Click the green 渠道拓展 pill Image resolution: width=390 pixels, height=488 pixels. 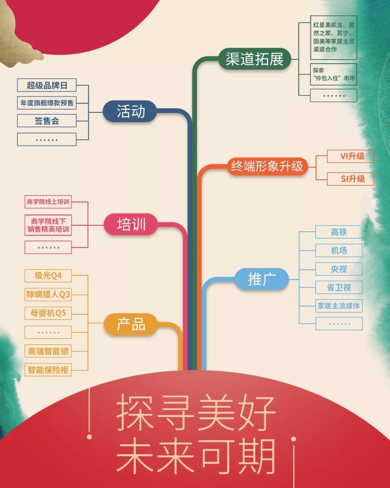coord(255,59)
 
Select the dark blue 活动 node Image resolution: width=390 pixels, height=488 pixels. coord(130,111)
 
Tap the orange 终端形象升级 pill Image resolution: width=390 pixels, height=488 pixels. coord(268,167)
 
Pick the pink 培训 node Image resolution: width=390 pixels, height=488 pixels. coord(131,224)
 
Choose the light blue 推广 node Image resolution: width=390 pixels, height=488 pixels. coord(261,279)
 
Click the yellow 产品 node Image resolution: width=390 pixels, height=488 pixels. coord(131,324)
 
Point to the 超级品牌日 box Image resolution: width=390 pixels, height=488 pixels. coord(47,85)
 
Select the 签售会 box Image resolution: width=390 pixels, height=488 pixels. coord(47,121)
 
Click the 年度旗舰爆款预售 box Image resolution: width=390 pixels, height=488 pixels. coord(47,103)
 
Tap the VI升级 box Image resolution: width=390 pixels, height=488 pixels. coord(350,156)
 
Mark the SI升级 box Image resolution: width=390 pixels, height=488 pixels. coord(350,179)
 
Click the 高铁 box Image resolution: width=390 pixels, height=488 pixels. coord(339,232)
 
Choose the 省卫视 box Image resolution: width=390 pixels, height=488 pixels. coord(339,287)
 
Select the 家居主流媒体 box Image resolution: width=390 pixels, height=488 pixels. coord(339,306)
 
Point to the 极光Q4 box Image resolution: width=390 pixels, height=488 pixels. coord(48,276)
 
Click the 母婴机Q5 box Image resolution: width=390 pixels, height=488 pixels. coord(48,313)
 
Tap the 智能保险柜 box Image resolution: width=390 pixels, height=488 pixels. coord(48,370)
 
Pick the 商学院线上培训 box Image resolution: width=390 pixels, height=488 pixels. coord(48,202)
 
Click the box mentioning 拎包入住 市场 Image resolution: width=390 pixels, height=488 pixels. coord(334,74)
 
